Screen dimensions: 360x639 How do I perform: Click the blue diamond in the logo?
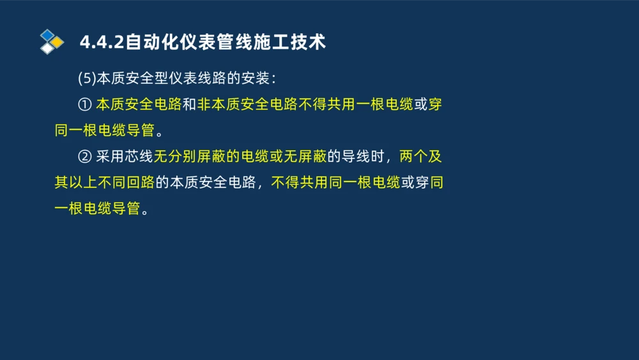[x=47, y=35]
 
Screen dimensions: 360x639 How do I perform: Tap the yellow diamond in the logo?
[x=58, y=42]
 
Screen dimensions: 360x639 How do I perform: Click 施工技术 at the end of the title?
[x=293, y=42]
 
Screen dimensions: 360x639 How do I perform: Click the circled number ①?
[x=85, y=105]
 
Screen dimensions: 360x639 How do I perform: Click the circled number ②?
[x=85, y=156]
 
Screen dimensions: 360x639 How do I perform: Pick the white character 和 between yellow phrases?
[x=190, y=105]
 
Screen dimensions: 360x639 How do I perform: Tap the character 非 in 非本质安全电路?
[x=204, y=105]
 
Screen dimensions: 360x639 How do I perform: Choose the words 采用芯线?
[x=125, y=156]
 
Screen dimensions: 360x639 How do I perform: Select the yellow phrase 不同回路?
[x=127, y=182]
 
